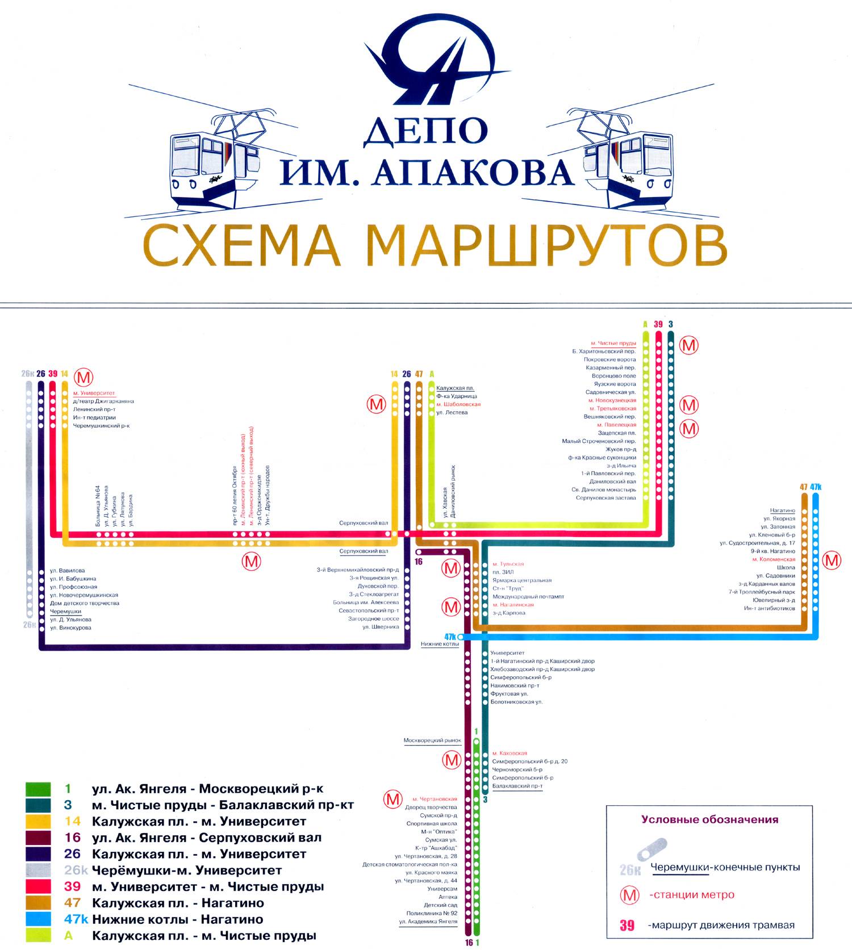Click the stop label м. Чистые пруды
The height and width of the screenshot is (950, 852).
[x=613, y=344]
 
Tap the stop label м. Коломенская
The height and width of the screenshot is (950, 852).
[x=774, y=559]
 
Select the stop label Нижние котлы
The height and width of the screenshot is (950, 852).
[x=440, y=644]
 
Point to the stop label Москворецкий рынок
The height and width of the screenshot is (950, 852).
[x=432, y=740]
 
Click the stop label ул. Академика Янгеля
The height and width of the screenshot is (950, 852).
[x=428, y=922]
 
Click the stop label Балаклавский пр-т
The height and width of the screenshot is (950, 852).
[x=517, y=786]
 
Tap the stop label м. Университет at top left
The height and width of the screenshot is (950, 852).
[x=94, y=393]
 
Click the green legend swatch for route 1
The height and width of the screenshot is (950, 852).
[x=39, y=789]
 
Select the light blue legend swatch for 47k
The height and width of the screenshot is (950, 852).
[x=39, y=919]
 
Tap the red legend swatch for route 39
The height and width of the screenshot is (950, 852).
[x=39, y=887]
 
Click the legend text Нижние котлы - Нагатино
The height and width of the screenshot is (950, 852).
[x=177, y=919]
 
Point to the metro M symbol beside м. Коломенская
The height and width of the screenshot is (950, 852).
[x=832, y=560]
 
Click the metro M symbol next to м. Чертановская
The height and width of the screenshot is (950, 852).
[x=393, y=799]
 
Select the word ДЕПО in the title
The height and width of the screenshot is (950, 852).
[x=425, y=130]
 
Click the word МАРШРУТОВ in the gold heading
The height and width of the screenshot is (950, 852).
[x=545, y=245]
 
